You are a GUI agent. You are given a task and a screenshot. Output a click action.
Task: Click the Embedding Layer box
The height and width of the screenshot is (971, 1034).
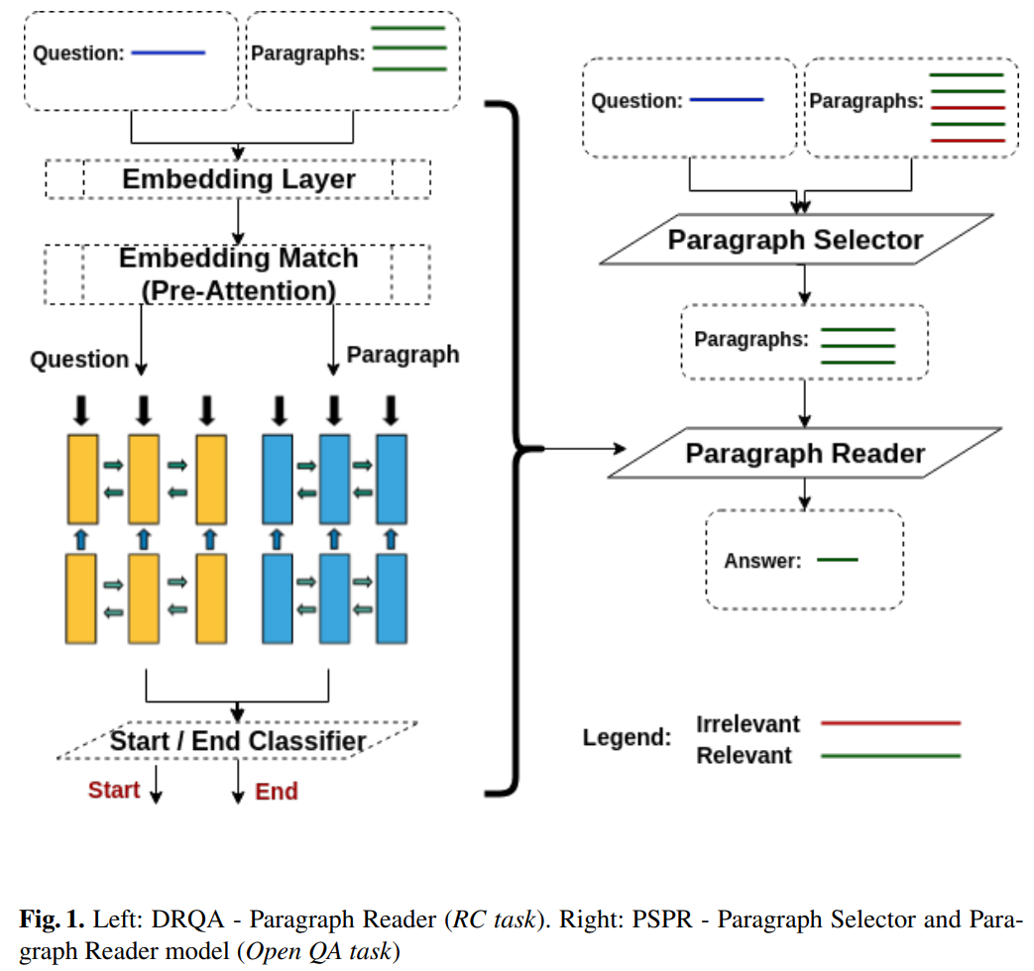pyautogui.click(x=238, y=179)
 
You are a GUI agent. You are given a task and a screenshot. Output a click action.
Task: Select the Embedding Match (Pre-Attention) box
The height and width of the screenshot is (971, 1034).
pyautogui.click(x=238, y=274)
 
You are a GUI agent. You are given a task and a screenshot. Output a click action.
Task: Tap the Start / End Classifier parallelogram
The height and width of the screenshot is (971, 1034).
pyautogui.click(x=238, y=741)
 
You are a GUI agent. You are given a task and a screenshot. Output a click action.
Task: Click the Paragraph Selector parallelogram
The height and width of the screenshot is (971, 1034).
pyautogui.click(x=795, y=240)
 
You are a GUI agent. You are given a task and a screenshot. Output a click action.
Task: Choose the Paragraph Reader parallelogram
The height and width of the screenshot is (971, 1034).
pyautogui.click(x=804, y=454)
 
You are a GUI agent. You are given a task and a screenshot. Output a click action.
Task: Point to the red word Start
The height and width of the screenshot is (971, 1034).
pyautogui.click(x=114, y=790)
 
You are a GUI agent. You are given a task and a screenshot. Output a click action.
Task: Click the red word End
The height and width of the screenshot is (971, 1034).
pyautogui.click(x=277, y=791)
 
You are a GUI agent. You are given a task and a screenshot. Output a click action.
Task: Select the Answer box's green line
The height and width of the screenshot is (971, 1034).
pyautogui.click(x=837, y=561)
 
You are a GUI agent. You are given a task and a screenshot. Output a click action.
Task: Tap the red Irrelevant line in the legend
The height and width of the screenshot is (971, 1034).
pyautogui.click(x=891, y=723)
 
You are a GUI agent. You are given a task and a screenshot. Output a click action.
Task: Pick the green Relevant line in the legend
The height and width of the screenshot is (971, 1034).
pyautogui.click(x=891, y=756)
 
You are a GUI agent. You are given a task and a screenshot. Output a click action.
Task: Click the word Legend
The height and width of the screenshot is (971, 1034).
pyautogui.click(x=627, y=738)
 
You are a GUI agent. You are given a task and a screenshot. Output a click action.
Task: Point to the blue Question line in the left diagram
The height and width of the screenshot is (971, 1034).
pyautogui.click(x=168, y=52)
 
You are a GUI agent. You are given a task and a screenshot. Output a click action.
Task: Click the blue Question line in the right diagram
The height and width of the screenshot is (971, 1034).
pyautogui.click(x=726, y=100)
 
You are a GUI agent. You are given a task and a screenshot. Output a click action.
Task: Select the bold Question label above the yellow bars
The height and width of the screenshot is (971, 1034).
pyautogui.click(x=79, y=360)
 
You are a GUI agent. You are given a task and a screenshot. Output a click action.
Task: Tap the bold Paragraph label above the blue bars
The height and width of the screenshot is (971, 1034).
pyautogui.click(x=402, y=354)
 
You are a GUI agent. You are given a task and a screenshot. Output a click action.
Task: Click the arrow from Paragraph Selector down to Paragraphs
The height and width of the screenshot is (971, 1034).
pyautogui.click(x=805, y=284)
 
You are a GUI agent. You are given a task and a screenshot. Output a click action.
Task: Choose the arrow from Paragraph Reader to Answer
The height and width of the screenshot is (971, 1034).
pyautogui.click(x=805, y=492)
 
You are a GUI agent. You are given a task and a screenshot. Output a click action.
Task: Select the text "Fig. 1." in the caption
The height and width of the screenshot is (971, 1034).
pyautogui.click(x=50, y=918)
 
